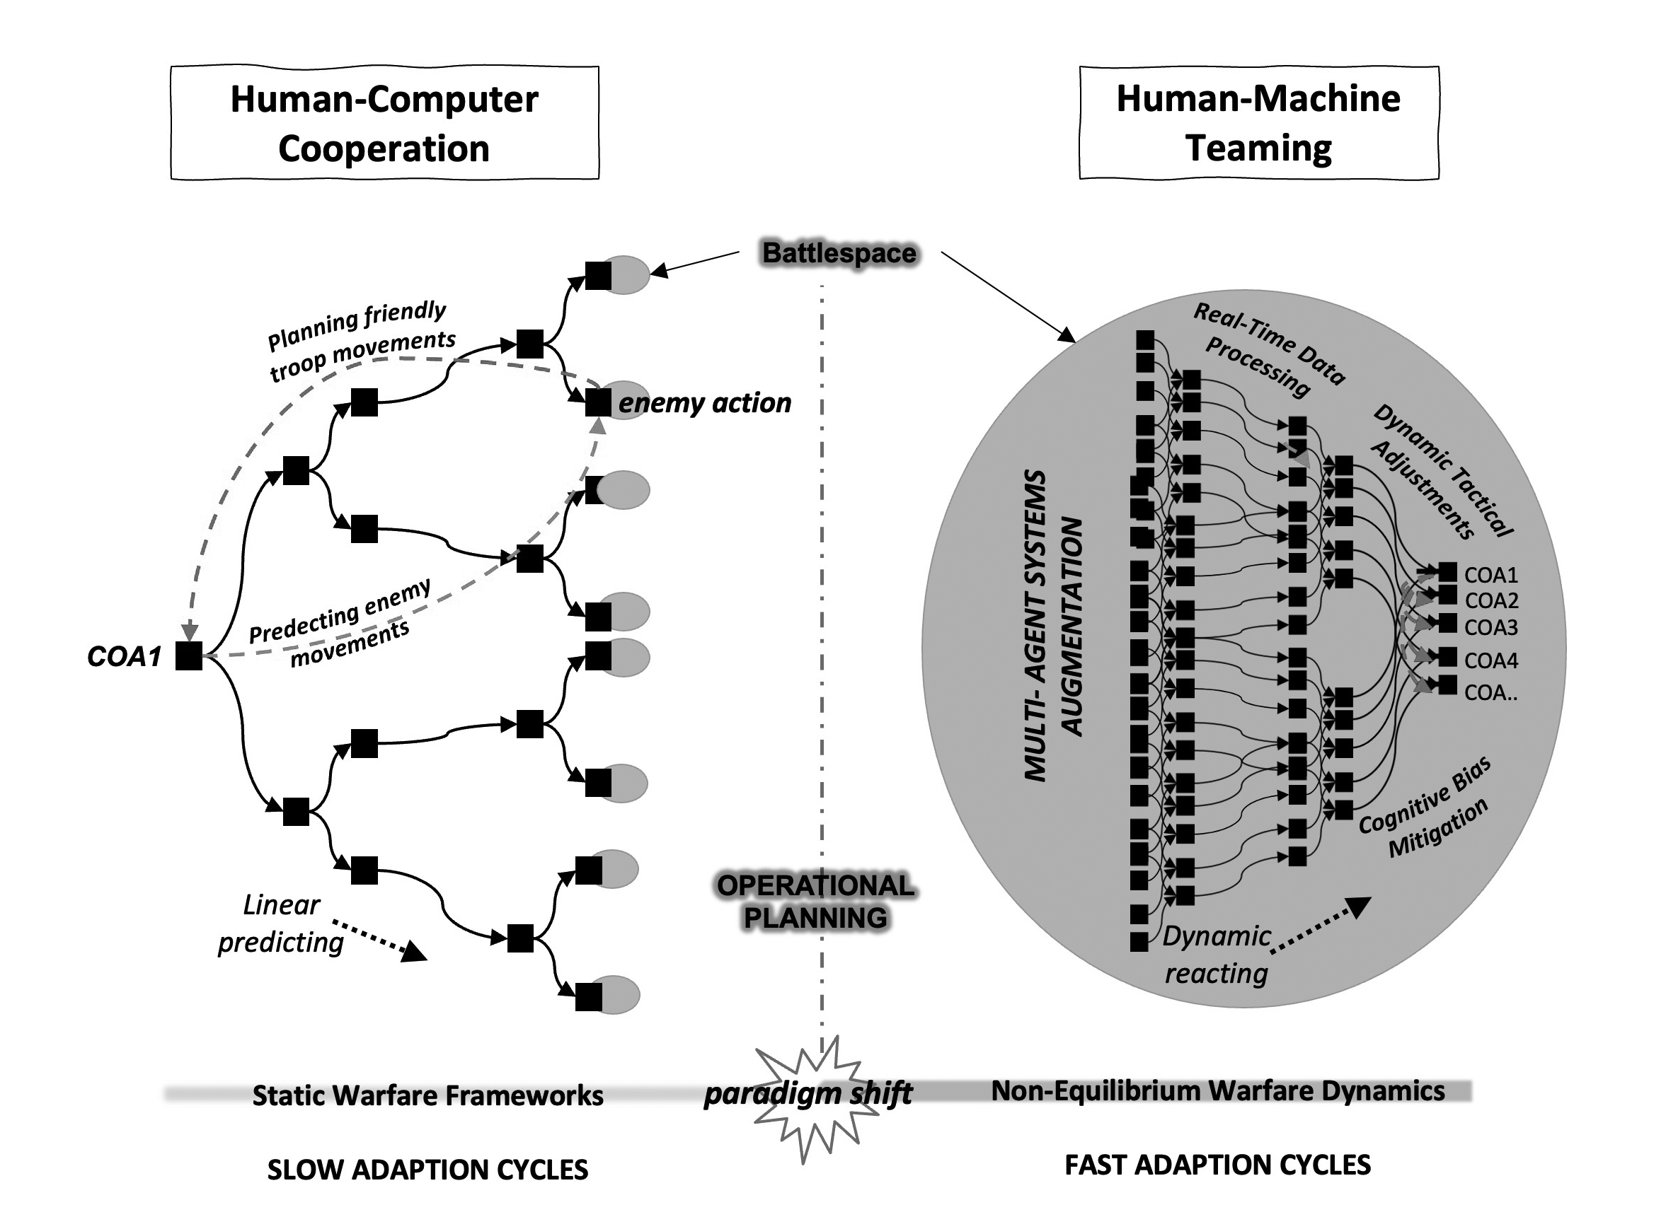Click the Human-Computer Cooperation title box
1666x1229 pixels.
(x=384, y=123)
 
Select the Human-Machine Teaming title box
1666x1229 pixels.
(x=1258, y=123)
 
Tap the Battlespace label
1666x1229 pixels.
(x=839, y=253)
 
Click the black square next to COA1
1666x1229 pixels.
(x=189, y=656)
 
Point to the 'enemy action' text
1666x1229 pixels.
(x=704, y=403)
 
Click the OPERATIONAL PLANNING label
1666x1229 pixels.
(x=816, y=902)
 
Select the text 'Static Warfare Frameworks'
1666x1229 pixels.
(x=427, y=1096)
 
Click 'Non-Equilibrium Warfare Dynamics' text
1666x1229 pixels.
(x=1218, y=1090)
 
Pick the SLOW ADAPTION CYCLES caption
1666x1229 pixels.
(x=427, y=1170)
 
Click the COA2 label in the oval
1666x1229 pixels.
(x=1491, y=600)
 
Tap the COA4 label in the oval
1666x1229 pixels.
(x=1491, y=660)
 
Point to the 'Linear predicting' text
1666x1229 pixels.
(x=281, y=924)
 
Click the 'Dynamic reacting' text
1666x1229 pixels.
(x=1217, y=955)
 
